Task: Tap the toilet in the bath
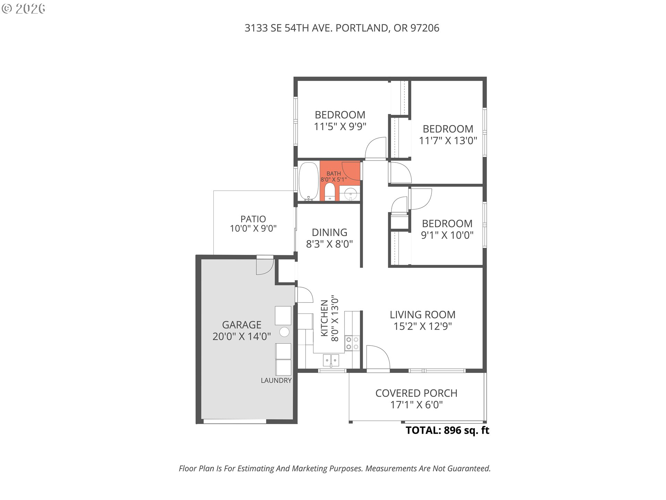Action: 330,192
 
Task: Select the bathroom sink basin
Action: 350,193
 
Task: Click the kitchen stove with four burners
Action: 352,343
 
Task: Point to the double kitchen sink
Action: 331,360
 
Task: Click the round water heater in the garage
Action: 284,332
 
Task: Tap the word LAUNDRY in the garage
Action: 276,381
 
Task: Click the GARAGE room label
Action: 241,325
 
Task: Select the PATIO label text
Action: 253,219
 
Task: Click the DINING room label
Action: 330,232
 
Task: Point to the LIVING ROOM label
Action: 422,315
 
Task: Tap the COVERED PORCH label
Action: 416,393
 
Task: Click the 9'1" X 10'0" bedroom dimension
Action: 447,235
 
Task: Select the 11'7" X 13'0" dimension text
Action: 448,141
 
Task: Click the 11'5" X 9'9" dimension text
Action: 340,126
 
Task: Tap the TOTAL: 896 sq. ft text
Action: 447,430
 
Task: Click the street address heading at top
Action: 342,28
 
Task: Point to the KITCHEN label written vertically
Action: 324,318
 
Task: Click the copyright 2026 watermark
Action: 24,9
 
